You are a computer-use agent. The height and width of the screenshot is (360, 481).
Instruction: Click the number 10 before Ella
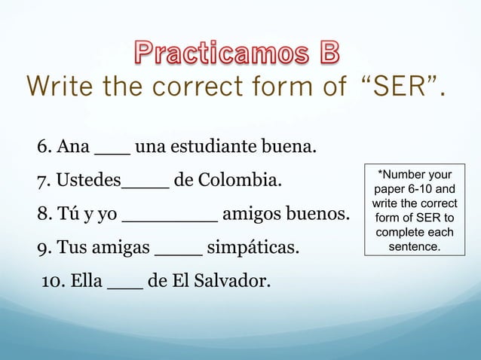tap(54, 282)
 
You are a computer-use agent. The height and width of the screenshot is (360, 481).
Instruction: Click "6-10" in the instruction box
tap(420, 190)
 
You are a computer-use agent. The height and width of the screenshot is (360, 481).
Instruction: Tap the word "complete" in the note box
tap(402, 233)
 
